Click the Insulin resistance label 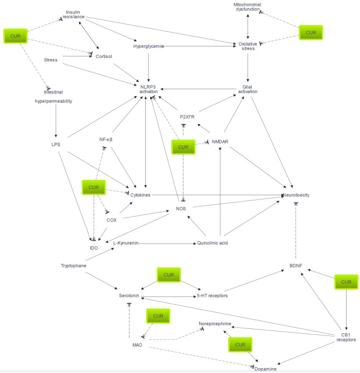tap(73, 15)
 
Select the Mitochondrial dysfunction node tap(248, 7)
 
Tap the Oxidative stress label tap(248, 46)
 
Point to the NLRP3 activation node tap(149, 89)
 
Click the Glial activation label tap(248, 89)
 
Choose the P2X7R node tap(187, 117)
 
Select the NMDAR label tap(220, 141)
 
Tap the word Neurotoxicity tap(296, 195)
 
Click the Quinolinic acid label tap(213, 243)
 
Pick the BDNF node tap(296, 266)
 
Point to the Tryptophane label tap(74, 266)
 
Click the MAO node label tap(137, 345)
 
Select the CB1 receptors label tap(346, 338)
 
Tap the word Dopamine tap(265, 369)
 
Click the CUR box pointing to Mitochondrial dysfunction tap(310, 33)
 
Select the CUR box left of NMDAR tap(183, 147)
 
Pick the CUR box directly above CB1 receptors tap(346, 282)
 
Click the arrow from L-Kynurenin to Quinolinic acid tap(167, 243)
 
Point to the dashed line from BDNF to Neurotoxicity tap(296, 230)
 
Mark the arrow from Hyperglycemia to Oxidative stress tap(200, 46)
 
